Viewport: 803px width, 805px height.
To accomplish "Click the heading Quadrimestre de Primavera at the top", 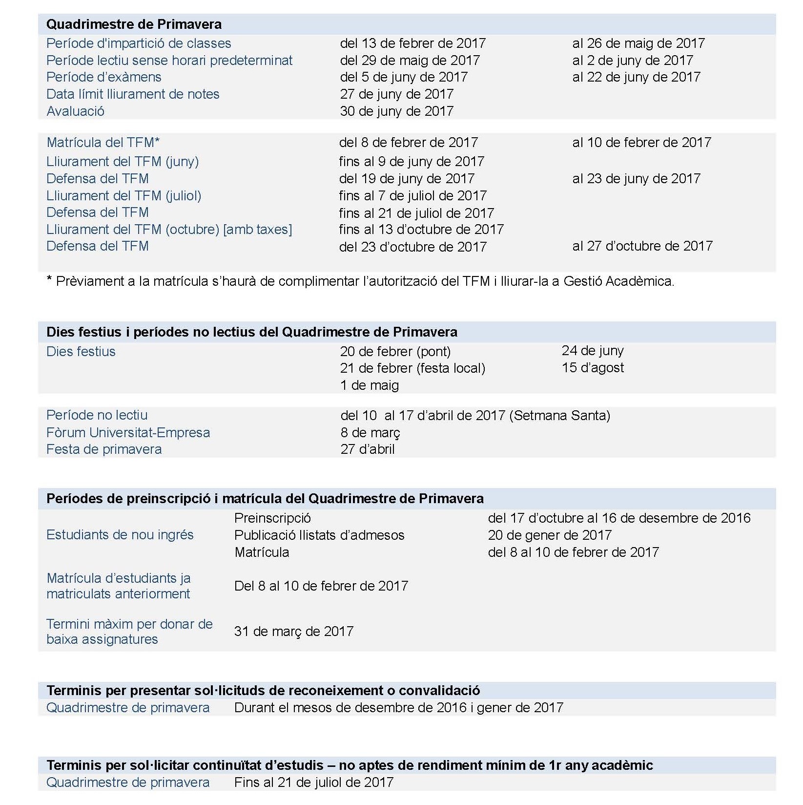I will pyautogui.click(x=134, y=24).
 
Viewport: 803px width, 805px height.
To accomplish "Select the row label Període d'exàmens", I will pyautogui.click(x=103, y=77).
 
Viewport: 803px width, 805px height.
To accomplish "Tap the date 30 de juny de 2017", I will pyautogui.click(x=396, y=111).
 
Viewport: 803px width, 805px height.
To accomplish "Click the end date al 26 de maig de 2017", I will pyautogui.click(x=638, y=43).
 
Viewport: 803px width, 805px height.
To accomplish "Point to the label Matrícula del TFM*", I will pyautogui.click(x=103, y=143).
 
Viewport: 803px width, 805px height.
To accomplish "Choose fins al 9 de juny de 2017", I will pyautogui.click(x=411, y=162).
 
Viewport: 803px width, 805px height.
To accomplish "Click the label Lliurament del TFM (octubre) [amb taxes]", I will pyautogui.click(x=169, y=230).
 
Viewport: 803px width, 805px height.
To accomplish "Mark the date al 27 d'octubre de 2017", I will pyautogui.click(x=642, y=246).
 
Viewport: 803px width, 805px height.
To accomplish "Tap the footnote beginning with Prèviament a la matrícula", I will pyautogui.click(x=360, y=281).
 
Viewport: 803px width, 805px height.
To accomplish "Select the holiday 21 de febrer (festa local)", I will pyautogui.click(x=412, y=368).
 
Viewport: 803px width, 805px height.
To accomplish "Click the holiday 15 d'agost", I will pyautogui.click(x=592, y=368).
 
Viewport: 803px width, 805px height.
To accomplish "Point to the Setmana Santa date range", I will pyautogui.click(x=475, y=416).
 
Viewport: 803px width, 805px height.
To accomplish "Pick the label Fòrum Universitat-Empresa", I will pyautogui.click(x=128, y=433).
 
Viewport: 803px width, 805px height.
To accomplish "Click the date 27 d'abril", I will pyautogui.click(x=367, y=449).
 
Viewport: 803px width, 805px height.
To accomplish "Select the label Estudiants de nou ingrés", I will pyautogui.click(x=120, y=535).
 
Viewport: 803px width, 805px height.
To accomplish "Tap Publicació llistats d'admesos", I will pyautogui.click(x=319, y=535).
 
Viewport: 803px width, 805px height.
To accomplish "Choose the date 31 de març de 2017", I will pyautogui.click(x=293, y=632).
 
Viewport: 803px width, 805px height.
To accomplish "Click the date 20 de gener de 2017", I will pyautogui.click(x=549, y=535).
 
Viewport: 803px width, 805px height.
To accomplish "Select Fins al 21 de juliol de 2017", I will pyautogui.click(x=313, y=783).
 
